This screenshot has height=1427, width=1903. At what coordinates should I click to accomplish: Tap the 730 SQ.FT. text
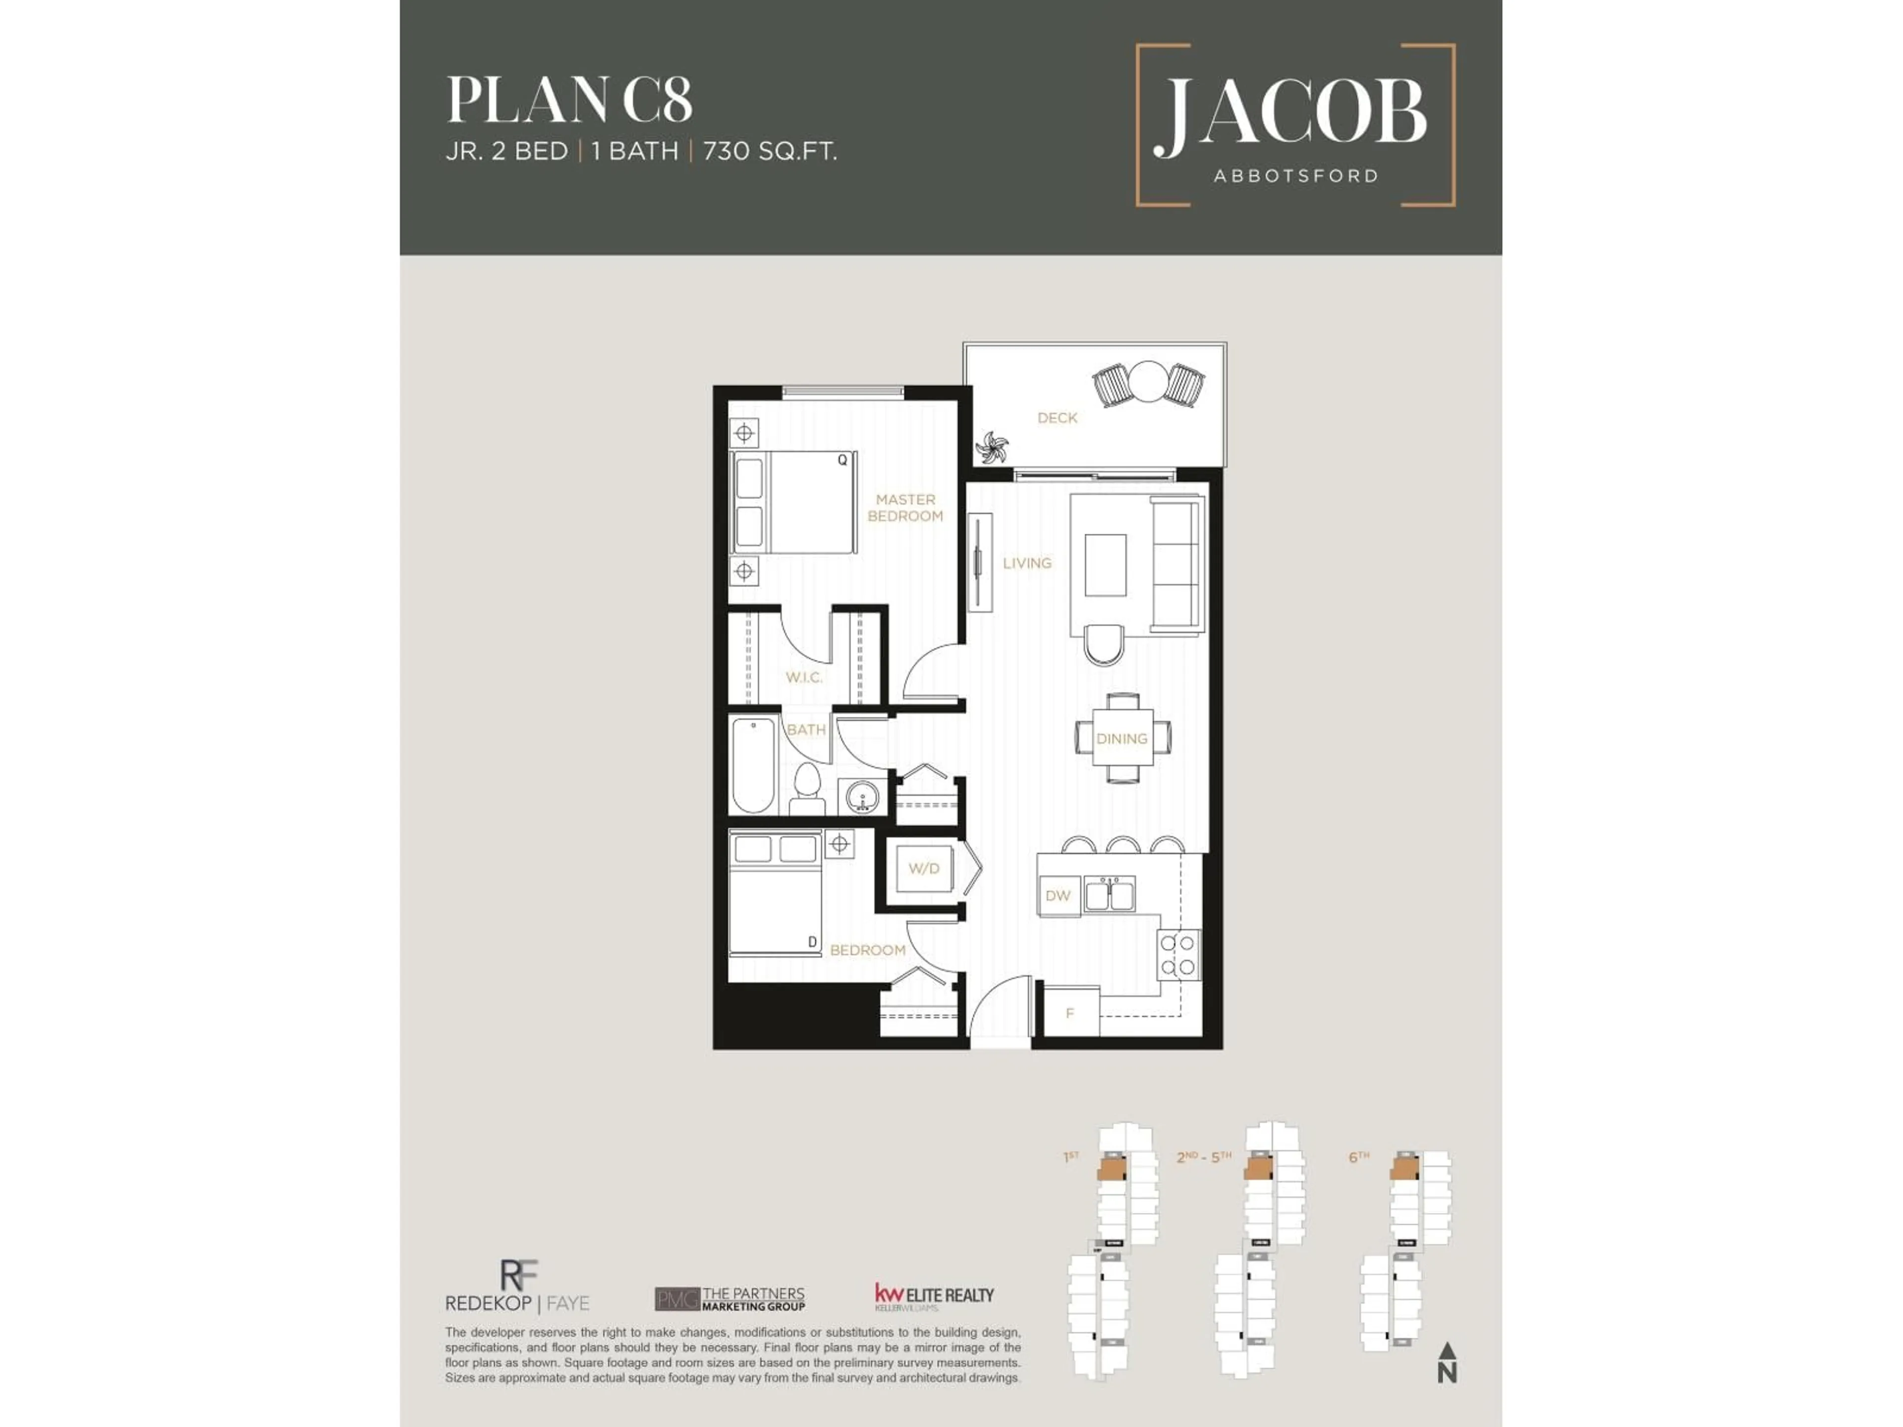pos(770,152)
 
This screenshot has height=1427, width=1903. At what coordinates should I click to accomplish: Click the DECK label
pos(1057,418)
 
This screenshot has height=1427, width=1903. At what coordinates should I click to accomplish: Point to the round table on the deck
pos(1148,381)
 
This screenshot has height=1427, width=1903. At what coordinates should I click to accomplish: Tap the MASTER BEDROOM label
pos(905,507)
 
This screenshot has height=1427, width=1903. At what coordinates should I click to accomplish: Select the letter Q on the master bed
pos(842,460)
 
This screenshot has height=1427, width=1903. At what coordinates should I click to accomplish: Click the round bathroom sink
pos(861,797)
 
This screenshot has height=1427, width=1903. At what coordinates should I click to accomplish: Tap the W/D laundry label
pos(923,869)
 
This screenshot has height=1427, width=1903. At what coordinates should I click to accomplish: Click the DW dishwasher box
pos(1058,895)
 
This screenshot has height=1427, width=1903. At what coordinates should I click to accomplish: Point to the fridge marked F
pos(1070,1012)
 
